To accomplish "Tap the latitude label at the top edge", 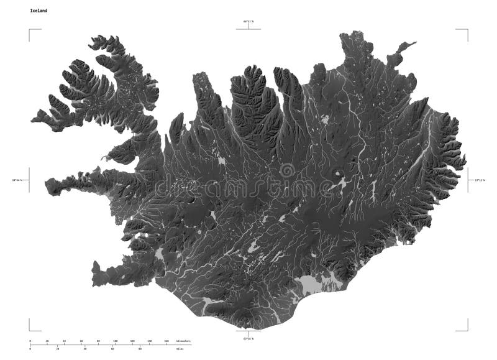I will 248,22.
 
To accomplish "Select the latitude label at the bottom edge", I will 248,339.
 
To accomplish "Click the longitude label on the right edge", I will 479,180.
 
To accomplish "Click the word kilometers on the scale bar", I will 183,341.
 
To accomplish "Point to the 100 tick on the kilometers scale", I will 116,341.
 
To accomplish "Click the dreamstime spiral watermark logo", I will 286,170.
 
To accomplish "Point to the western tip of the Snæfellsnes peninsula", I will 48,185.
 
